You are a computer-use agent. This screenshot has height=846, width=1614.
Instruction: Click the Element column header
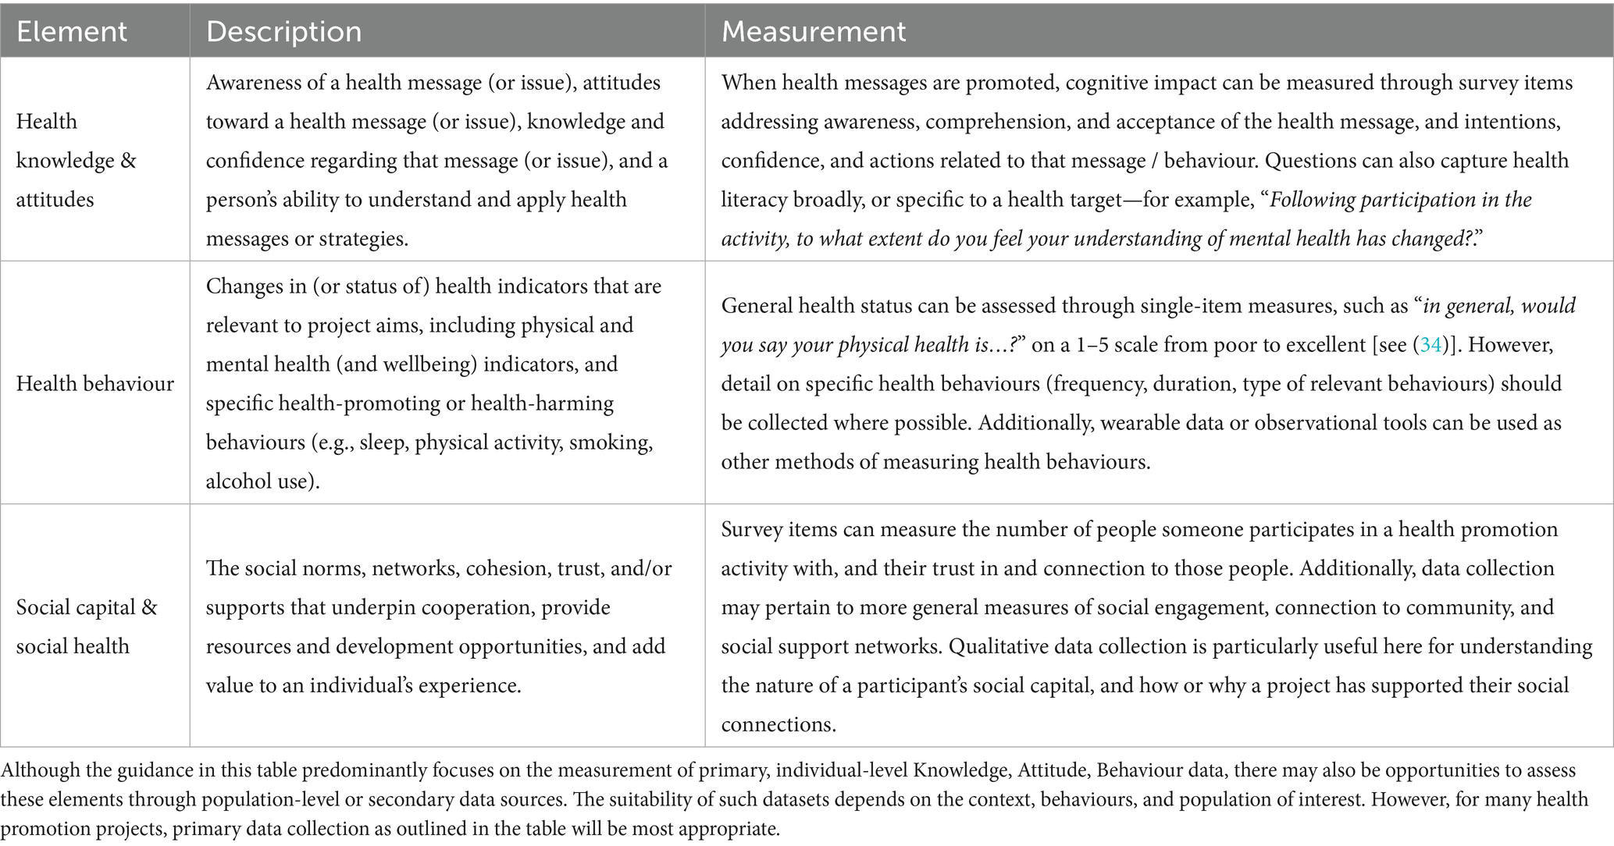[71, 31]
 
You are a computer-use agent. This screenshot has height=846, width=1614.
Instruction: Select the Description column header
[283, 31]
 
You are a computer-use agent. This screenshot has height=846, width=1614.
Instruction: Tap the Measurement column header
[813, 31]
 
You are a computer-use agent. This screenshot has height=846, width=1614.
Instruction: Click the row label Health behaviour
[94, 383]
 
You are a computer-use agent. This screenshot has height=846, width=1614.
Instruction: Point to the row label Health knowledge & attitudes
[76, 160]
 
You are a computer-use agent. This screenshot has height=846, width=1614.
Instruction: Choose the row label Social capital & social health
[86, 626]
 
